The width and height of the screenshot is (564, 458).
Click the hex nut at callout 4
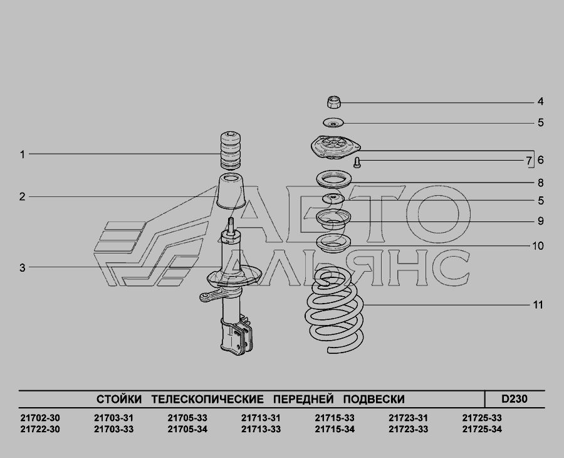point(334,102)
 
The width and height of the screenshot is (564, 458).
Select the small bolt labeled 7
point(357,162)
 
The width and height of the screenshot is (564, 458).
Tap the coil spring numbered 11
point(335,311)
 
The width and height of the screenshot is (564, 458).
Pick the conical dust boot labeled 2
point(231,191)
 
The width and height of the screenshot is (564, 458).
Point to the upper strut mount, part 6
point(335,147)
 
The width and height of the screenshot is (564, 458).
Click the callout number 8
point(540,183)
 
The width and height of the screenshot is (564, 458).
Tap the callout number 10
point(538,246)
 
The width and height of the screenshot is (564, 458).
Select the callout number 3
point(23,268)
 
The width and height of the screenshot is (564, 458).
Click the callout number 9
point(540,221)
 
